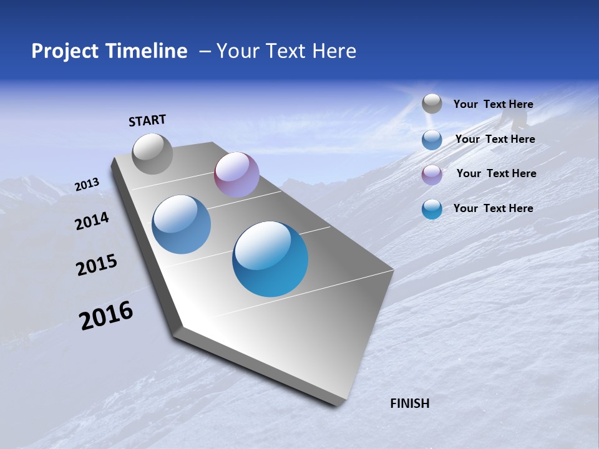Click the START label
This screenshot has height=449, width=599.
(147, 120)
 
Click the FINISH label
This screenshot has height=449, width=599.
(409, 403)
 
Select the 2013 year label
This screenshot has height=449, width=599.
(87, 185)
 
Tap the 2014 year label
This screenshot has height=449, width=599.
(92, 221)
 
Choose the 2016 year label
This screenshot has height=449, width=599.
(106, 316)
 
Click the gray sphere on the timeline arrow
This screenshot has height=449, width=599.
(152, 153)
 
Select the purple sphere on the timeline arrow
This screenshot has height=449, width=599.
(236, 175)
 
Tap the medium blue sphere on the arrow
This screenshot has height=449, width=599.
(182, 224)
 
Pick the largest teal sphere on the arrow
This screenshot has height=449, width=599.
(270, 259)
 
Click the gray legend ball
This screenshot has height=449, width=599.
(432, 104)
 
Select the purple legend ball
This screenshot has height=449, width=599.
(432, 174)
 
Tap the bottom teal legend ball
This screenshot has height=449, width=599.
(432, 209)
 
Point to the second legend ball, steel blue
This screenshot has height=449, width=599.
(432, 140)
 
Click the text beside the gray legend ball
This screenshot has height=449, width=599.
(493, 105)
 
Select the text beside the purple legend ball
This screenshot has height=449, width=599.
(496, 173)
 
